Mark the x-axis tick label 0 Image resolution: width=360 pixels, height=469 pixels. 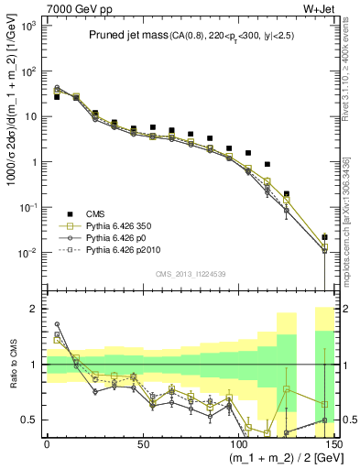[47, 443]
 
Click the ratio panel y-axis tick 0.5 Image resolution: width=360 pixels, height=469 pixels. [32, 420]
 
